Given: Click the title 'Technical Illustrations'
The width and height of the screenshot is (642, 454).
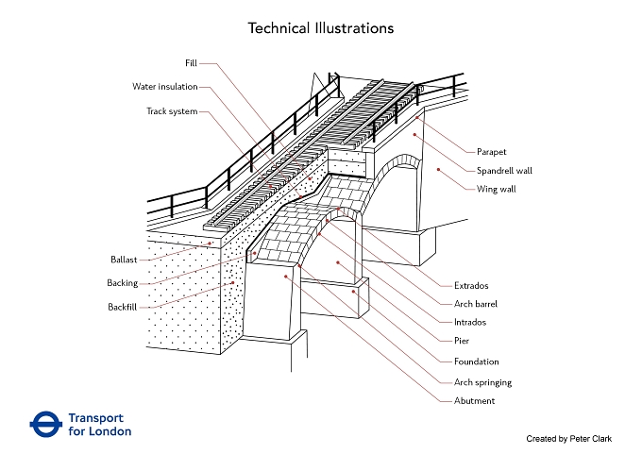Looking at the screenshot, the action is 321,28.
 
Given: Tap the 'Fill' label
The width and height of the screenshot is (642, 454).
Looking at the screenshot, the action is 191,63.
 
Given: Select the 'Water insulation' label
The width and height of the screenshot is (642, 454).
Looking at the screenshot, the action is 165,87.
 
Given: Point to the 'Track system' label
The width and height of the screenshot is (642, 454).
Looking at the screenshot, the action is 172,111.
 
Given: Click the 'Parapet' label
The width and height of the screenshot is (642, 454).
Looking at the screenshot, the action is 491,152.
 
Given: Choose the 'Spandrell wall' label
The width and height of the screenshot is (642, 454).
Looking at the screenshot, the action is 504,171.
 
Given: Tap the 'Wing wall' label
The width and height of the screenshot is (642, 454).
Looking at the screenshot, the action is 497,189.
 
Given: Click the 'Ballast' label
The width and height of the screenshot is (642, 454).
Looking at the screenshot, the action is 124,260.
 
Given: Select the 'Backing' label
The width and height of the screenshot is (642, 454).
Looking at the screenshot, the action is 123,283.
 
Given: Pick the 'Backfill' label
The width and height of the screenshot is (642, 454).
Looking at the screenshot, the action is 123,307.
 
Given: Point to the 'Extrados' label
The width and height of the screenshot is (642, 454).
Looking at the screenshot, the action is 471,286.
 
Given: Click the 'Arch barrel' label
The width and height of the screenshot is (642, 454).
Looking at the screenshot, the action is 476,304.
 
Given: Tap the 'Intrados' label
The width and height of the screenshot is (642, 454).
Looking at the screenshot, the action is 470,322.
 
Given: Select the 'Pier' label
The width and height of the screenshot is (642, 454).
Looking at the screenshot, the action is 462,341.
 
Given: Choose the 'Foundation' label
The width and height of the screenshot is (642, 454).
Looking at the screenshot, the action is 477,362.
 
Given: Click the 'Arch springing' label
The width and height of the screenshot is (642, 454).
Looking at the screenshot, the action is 482,382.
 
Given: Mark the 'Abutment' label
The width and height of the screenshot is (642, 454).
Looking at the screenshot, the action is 475,401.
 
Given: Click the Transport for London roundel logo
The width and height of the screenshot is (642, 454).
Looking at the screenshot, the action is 46,425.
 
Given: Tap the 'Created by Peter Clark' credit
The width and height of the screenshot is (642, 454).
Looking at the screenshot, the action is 568,439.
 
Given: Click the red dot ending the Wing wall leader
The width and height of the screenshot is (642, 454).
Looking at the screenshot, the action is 438,169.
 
